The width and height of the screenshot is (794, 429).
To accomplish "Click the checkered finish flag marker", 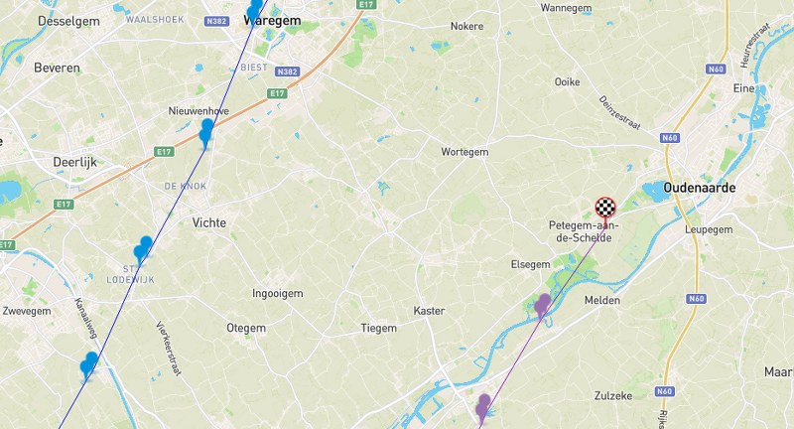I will click(605, 208).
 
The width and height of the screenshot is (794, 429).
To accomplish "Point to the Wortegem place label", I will click(464, 152).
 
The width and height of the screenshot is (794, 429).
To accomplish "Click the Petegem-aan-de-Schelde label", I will click(584, 231).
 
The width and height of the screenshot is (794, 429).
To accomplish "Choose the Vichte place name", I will click(209, 223).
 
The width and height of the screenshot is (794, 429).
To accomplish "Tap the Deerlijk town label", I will click(74, 162).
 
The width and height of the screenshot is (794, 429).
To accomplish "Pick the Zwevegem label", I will click(27, 311).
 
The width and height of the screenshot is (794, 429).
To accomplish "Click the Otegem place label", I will click(246, 328).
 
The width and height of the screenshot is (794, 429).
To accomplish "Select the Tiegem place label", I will click(378, 328).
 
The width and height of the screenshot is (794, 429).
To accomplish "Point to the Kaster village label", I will click(429, 311).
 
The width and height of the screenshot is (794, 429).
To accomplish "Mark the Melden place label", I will click(602, 300).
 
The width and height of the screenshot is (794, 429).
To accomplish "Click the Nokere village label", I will click(466, 27).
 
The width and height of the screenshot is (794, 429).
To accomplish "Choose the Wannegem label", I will click(566, 8).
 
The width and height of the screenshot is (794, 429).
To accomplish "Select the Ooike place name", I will click(567, 81).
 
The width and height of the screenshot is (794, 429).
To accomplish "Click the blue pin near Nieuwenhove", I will click(206, 132).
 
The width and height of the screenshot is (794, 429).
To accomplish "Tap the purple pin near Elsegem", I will click(543, 304).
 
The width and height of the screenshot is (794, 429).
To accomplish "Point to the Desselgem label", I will click(67, 21).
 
